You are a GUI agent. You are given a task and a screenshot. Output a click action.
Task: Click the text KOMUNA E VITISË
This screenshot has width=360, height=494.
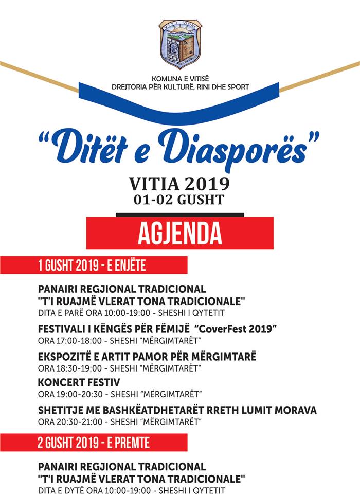[x=180, y=79]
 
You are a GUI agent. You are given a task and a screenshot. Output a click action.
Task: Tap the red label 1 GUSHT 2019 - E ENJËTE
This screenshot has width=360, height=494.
[x=92, y=265]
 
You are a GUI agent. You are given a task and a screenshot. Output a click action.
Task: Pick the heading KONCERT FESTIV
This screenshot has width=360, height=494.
[x=79, y=382]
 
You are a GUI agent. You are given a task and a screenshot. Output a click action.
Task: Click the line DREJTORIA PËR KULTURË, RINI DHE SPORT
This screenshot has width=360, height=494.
[x=180, y=87]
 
